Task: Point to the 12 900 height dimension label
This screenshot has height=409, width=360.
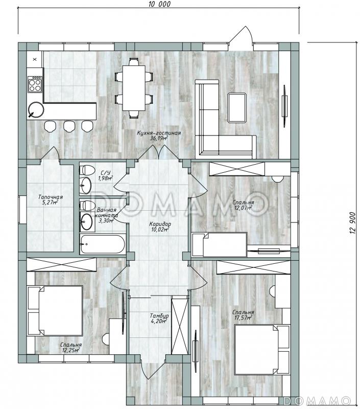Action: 353,222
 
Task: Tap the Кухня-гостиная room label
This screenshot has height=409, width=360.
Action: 159,133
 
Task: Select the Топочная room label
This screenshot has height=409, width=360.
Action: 50,197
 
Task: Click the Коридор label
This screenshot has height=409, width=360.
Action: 160,224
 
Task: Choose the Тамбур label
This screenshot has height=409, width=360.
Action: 159,315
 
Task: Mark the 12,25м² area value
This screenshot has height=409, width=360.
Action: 70,350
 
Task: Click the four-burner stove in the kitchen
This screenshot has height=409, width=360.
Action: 35,84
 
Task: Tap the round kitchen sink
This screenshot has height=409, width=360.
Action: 36,110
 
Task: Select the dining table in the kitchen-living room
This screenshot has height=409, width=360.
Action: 134,88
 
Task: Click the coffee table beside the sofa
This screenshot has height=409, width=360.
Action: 237,108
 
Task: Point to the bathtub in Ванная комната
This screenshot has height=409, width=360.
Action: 103,244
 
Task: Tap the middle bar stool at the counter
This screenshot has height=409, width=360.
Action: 69,126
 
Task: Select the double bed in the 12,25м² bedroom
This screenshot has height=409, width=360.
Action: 55,310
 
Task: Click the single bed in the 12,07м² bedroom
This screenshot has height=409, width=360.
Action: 220,244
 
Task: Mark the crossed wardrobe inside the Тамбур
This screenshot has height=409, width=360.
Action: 180,325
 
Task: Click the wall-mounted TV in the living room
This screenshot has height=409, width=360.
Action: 285,106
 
